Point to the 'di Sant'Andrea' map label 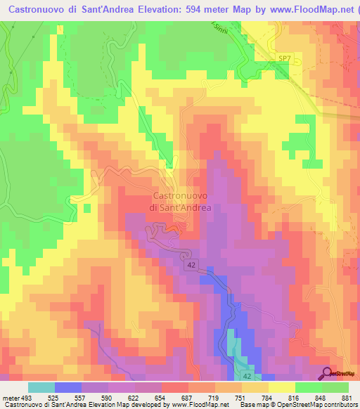[x=180, y=207]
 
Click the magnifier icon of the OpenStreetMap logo [x=328, y=372]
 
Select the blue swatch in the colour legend [x=68, y=387]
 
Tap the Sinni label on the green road [x=224, y=27]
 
